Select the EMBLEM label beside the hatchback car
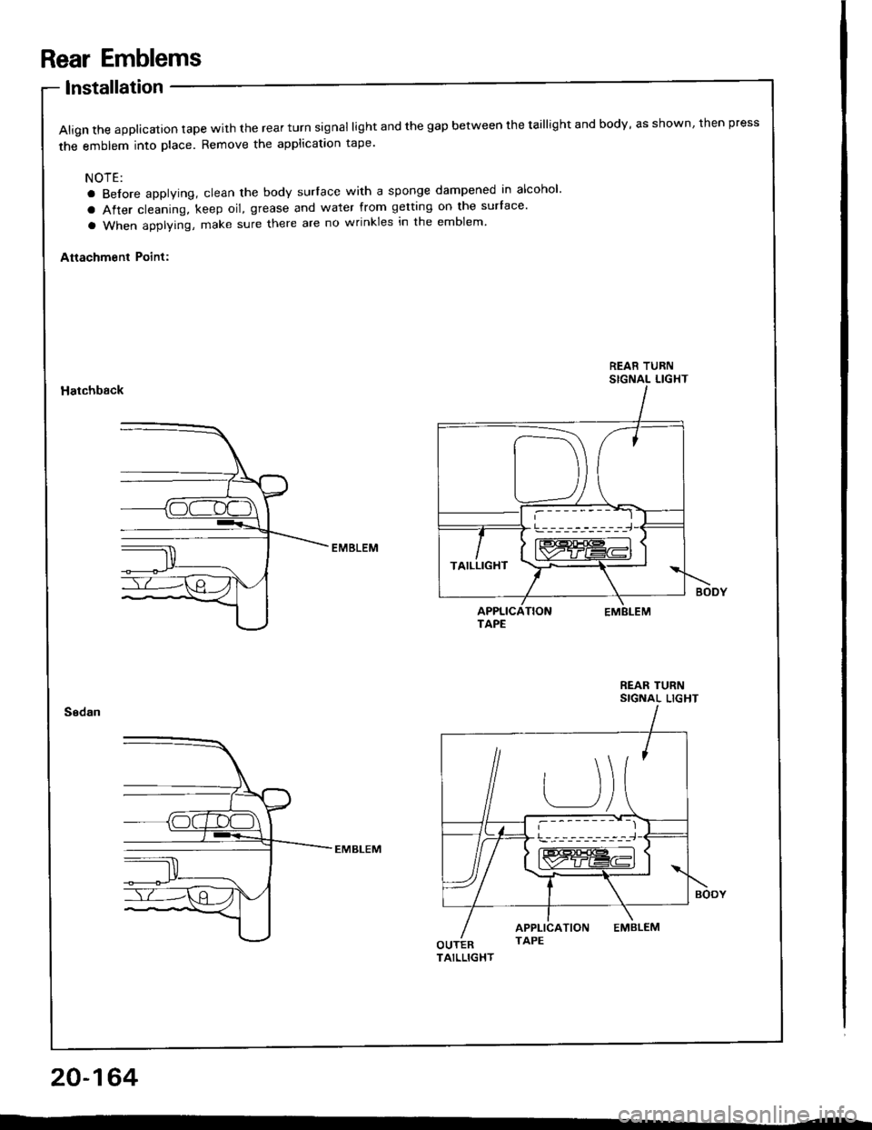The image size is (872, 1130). coord(352,548)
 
